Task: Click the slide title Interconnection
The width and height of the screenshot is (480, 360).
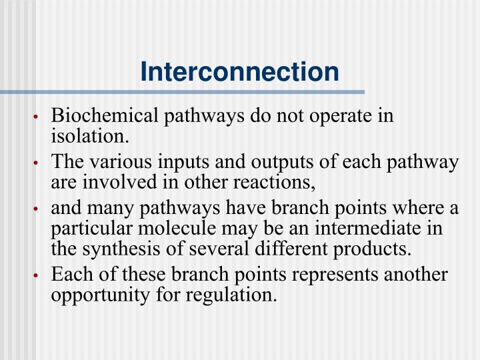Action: click(x=240, y=71)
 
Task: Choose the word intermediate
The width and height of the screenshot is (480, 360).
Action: click(x=368, y=229)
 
